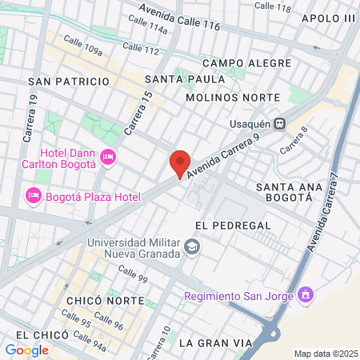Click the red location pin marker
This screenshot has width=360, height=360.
pos(180,163)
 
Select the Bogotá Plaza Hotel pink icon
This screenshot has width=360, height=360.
pos(34,195)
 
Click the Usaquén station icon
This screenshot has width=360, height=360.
pos(279,123)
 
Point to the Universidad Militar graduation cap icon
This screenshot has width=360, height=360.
pos(191,247)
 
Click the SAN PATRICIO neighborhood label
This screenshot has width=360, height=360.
pos(68,82)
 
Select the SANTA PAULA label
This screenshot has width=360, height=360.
pos(178,78)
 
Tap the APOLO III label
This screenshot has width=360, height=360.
pos(328,18)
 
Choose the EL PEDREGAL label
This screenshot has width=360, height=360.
pos(233,226)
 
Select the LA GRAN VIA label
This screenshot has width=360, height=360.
pos(215,343)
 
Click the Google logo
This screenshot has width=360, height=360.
pos(26,350)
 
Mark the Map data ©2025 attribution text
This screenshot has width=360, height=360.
pos(326,354)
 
